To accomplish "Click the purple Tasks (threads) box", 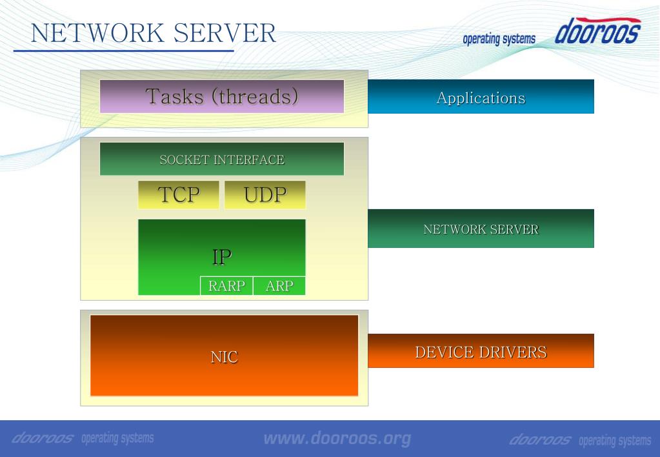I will [221, 96].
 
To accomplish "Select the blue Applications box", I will [481, 97].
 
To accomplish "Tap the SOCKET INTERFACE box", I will [221, 159].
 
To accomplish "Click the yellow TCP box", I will [179, 194].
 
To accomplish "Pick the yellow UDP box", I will [265, 194].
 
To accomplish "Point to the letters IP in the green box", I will [222, 256].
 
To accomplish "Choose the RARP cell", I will [226, 286].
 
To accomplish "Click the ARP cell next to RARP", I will [279, 286].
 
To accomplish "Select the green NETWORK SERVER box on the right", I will [481, 228].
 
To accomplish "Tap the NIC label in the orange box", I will [224, 356].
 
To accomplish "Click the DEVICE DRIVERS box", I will [481, 352].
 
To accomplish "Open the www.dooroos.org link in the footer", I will [337, 439].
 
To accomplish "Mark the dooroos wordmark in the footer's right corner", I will [541, 440].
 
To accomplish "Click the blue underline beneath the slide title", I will [123, 51].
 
